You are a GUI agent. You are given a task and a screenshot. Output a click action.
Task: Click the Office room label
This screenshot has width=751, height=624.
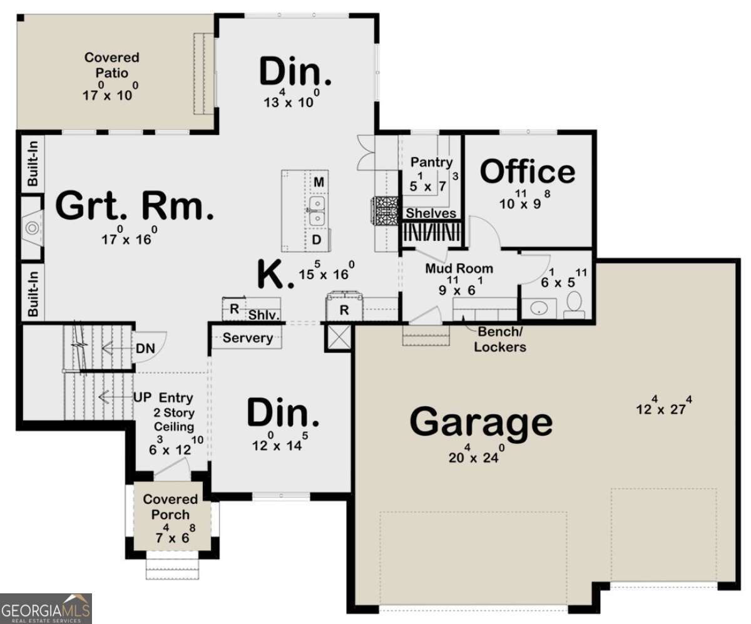[528, 172]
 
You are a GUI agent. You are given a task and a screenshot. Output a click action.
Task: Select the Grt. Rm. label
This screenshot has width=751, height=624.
[135, 207]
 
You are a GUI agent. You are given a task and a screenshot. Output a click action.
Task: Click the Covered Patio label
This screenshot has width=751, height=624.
[111, 65]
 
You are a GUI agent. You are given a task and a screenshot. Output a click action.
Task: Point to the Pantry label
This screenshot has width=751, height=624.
[431, 162]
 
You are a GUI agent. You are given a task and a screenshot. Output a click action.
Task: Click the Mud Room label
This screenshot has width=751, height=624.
[459, 269]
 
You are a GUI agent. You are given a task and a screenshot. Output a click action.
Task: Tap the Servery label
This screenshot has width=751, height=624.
[248, 338]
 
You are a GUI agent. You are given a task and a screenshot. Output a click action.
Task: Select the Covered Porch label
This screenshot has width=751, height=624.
[170, 507]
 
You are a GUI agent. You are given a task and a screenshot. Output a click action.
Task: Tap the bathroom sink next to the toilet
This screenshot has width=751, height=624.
[539, 307]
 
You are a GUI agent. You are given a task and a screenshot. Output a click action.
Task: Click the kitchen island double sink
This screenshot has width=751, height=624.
[318, 211]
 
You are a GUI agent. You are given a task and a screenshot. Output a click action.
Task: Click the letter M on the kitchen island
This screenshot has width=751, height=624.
[319, 182]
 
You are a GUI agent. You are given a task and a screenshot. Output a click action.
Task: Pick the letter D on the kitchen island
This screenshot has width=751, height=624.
[317, 240]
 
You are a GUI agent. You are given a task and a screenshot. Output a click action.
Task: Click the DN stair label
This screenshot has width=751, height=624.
[142, 348]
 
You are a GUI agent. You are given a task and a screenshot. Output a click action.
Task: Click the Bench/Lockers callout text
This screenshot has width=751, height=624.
[499, 339]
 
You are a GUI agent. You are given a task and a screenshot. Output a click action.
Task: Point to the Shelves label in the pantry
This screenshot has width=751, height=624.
[431, 213]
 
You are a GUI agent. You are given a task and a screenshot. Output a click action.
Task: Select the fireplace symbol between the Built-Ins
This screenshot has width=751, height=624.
[31, 227]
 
